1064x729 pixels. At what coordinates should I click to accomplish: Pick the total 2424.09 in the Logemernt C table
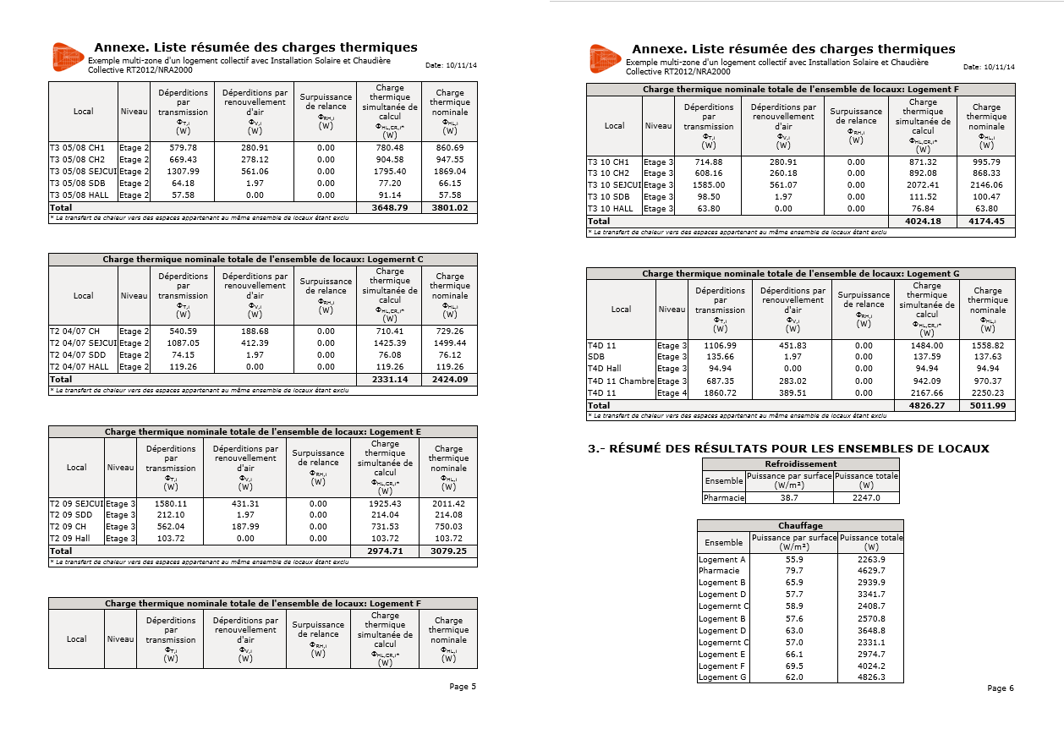(x=449, y=380)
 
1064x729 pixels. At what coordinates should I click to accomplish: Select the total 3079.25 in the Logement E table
(x=448, y=551)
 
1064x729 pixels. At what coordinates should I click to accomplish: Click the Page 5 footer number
(x=463, y=687)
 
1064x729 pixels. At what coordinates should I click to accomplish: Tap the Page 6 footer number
(x=1001, y=688)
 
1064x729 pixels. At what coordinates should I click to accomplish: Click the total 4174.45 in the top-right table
(x=986, y=222)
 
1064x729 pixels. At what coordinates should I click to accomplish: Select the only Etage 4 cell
(x=672, y=393)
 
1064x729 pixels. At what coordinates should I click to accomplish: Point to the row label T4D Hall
(x=604, y=369)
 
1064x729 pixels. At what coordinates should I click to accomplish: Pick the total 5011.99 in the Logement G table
(x=988, y=406)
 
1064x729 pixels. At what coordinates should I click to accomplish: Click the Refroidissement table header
(x=800, y=463)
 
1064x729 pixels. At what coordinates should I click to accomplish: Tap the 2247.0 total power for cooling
(x=865, y=498)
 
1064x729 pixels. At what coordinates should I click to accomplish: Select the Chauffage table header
(x=800, y=526)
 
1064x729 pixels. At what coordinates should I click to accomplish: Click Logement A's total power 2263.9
(x=870, y=559)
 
